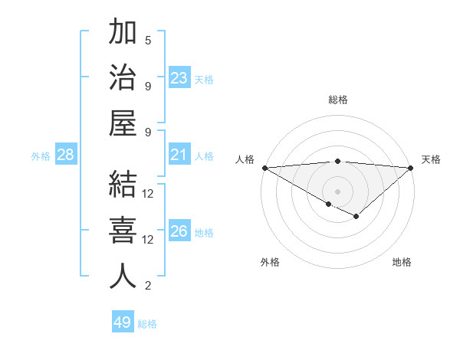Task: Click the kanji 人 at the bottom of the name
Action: coord(123,277)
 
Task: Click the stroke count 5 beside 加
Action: coord(148,40)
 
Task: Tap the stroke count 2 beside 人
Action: coord(148,286)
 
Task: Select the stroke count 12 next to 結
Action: coord(148,193)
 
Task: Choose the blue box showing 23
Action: coord(179,78)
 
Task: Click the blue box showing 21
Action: coord(179,155)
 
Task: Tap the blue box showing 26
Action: coord(179,231)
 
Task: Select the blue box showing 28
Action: coord(66,155)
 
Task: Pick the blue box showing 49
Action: coord(123,322)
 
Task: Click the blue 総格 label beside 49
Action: coord(148,324)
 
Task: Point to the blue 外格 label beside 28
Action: coord(41,156)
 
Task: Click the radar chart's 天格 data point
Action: coord(411,168)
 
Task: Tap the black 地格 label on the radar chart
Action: coord(402,263)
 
